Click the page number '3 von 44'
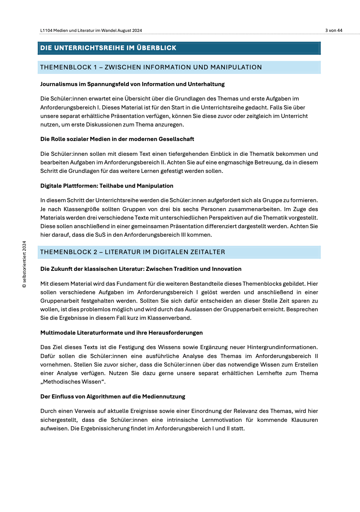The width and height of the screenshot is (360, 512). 334,30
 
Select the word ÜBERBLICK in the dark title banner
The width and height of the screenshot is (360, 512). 156,48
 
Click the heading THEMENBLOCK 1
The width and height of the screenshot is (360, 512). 151,67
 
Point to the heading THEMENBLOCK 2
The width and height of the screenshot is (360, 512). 132,252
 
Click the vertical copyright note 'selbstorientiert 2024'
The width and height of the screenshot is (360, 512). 24,264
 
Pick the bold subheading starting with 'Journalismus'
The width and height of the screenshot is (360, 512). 132,84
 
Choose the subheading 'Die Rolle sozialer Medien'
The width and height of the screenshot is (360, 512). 117,139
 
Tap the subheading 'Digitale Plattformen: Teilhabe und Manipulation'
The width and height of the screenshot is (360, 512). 107,186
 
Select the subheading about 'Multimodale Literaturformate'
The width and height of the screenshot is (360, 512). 121,333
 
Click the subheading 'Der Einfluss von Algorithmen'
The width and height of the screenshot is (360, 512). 112,397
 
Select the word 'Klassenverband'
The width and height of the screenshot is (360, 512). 170,318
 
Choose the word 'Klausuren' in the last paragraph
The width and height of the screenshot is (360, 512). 304,420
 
